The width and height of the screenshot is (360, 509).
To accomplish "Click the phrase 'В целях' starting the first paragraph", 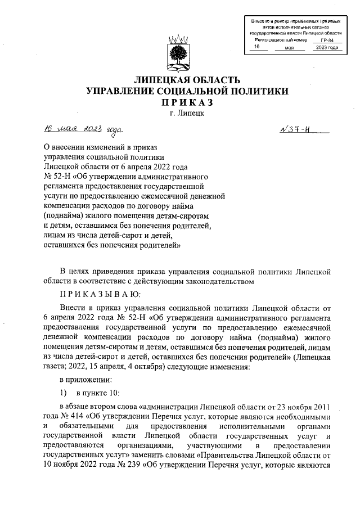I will click(x=74, y=271).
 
